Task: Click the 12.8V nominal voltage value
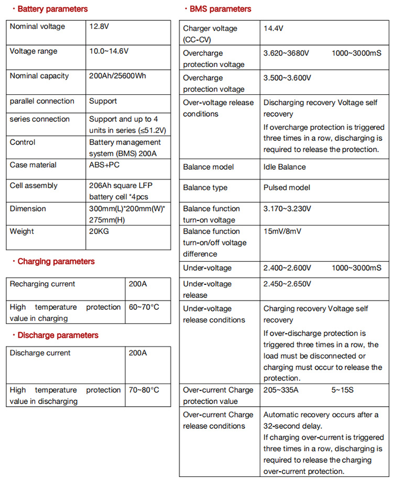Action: pyautogui.click(x=100, y=26)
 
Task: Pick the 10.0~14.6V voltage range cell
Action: pyautogui.click(x=108, y=51)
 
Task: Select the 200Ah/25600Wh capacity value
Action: pyautogui.click(x=117, y=76)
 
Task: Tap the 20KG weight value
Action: pyautogui.click(x=99, y=231)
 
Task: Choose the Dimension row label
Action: pyautogui.click(x=28, y=208)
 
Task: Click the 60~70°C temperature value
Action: pyautogui.click(x=144, y=307)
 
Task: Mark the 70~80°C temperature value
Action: pyautogui.click(x=144, y=390)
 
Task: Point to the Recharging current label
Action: pyautogui.click(x=42, y=284)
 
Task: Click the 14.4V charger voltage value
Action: pyautogui.click(x=274, y=28)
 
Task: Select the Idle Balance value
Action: pyautogui.click(x=285, y=167)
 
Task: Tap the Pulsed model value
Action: pyautogui.click(x=287, y=187)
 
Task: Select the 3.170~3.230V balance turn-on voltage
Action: pyautogui.click(x=287, y=208)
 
